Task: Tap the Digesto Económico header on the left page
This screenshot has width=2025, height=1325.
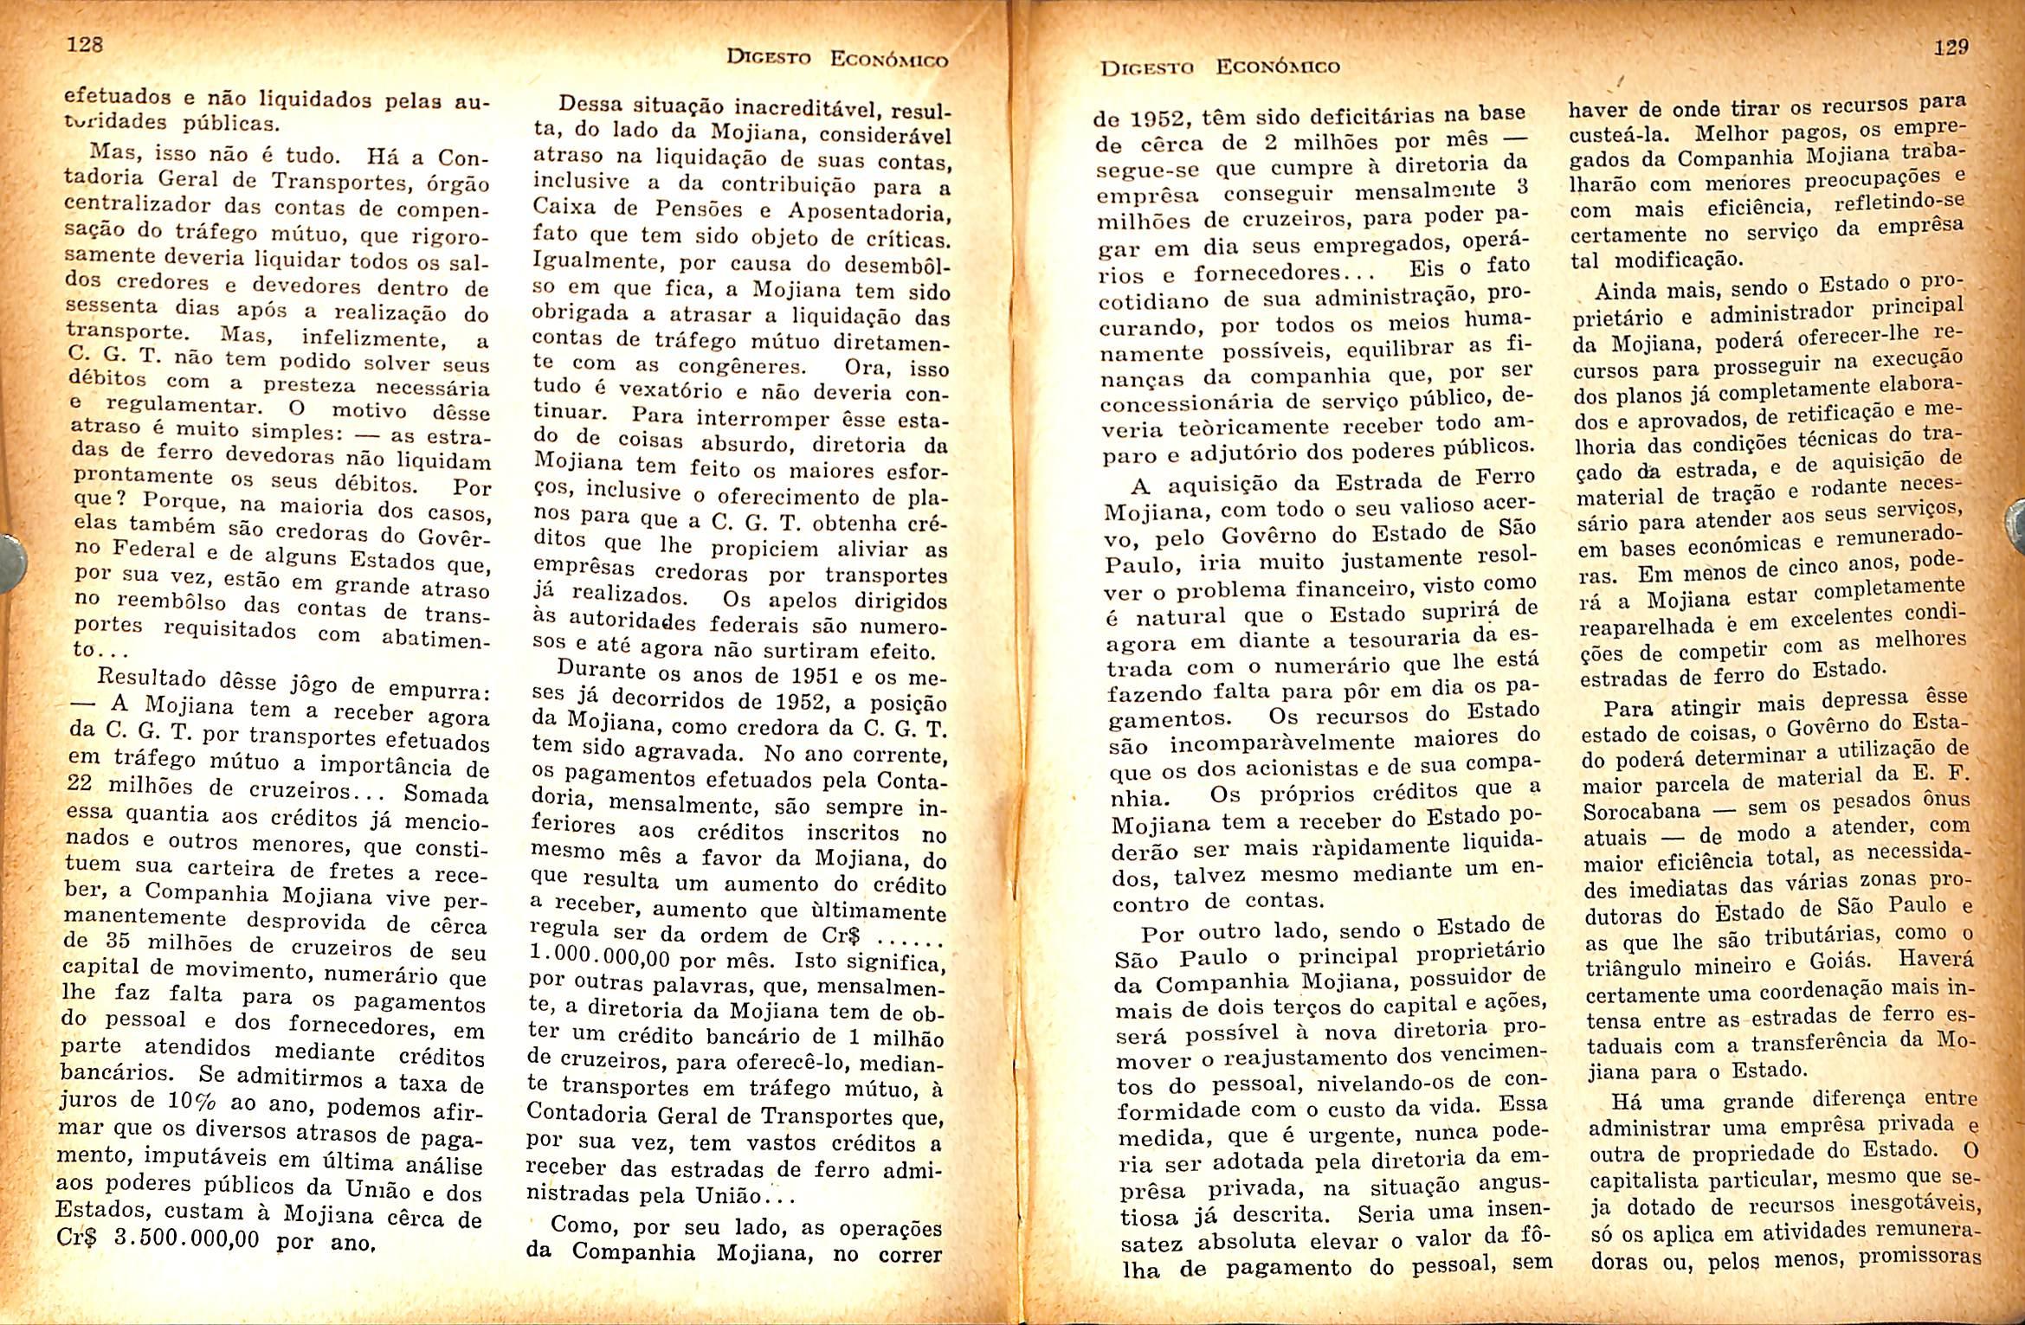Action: [x=837, y=59]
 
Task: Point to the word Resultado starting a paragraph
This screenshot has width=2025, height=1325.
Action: [x=152, y=678]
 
